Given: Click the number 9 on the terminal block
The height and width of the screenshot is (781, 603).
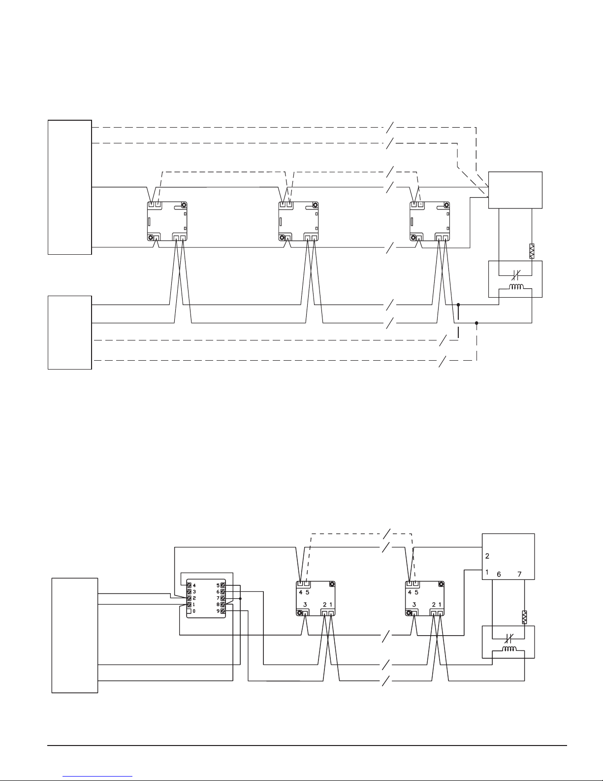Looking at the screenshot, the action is coord(218,611).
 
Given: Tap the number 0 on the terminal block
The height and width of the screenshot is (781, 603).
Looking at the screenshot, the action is coord(194,611).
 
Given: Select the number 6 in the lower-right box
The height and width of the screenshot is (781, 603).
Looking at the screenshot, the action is coord(499,575).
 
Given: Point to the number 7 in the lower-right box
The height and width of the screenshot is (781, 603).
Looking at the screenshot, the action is coord(519,575).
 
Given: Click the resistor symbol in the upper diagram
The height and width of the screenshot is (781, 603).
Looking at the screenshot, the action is coord(532,251).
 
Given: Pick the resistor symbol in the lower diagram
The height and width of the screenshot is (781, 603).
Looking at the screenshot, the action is coord(524,617).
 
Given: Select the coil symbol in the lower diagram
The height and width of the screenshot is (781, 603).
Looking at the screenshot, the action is coord(509,649).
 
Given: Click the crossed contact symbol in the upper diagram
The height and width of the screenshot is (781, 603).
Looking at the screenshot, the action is coord(515,275).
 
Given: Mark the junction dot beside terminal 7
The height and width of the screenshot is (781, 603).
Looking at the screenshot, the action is coord(241,599).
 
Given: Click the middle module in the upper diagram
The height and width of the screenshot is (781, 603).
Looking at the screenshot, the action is coord(298,221).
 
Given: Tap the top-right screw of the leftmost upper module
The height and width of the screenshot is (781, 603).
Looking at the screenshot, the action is coord(184,205).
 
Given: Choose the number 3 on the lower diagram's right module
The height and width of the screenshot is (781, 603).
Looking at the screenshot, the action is coord(414,605).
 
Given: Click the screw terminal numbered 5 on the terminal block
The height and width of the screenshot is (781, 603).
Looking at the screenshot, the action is coord(223,585).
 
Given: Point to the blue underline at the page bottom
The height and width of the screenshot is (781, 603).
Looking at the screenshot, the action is coord(97,777).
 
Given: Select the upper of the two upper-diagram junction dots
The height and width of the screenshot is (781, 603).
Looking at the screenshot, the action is coord(458,305).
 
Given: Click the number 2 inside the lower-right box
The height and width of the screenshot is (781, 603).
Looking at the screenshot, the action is coord(487,556).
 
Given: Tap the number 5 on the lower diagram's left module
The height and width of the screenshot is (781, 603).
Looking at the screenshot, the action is coord(307,592).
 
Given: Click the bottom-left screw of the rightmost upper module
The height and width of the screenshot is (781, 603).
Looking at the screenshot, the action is coord(413,238).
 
